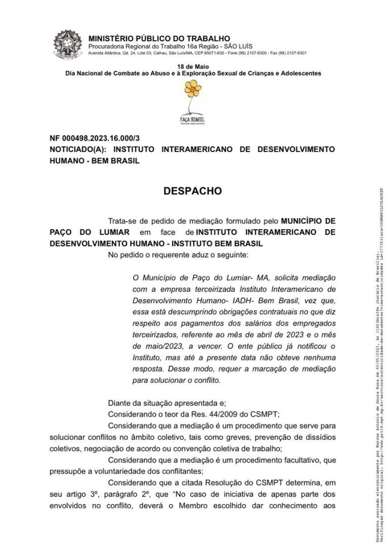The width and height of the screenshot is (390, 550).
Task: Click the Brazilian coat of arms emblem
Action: pyautogui.click(x=68, y=43)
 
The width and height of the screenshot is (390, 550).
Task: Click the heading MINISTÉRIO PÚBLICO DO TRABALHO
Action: pyautogui.click(x=159, y=39)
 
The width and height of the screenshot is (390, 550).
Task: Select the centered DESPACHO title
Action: pyautogui.click(x=192, y=191)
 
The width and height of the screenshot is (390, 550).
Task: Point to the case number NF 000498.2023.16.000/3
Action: pyautogui.click(x=94, y=138)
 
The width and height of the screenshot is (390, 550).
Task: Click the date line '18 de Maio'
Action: pyautogui.click(x=192, y=67)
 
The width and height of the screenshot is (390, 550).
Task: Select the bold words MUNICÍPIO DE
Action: pyautogui.click(x=308, y=221)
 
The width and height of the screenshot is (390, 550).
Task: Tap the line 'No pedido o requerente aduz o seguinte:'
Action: pyautogui.click(x=178, y=254)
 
